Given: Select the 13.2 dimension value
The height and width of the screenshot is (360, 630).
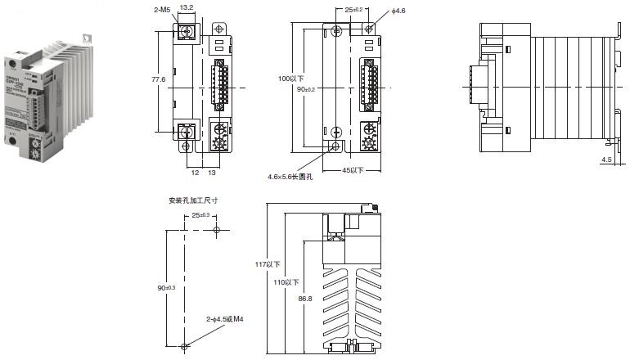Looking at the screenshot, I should (186, 7).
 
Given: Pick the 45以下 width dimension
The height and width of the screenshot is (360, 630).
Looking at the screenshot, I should (353, 169).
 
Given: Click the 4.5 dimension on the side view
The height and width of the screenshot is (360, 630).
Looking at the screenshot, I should (606, 160).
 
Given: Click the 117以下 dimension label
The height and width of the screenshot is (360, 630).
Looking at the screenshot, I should (267, 264).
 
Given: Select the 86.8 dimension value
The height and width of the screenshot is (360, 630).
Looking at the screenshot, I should (304, 299).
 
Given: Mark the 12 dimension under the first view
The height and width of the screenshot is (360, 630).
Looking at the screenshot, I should (195, 173).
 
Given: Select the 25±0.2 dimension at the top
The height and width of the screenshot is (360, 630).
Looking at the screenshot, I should (353, 8).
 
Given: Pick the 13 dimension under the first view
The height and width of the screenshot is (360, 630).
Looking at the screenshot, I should (212, 173).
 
